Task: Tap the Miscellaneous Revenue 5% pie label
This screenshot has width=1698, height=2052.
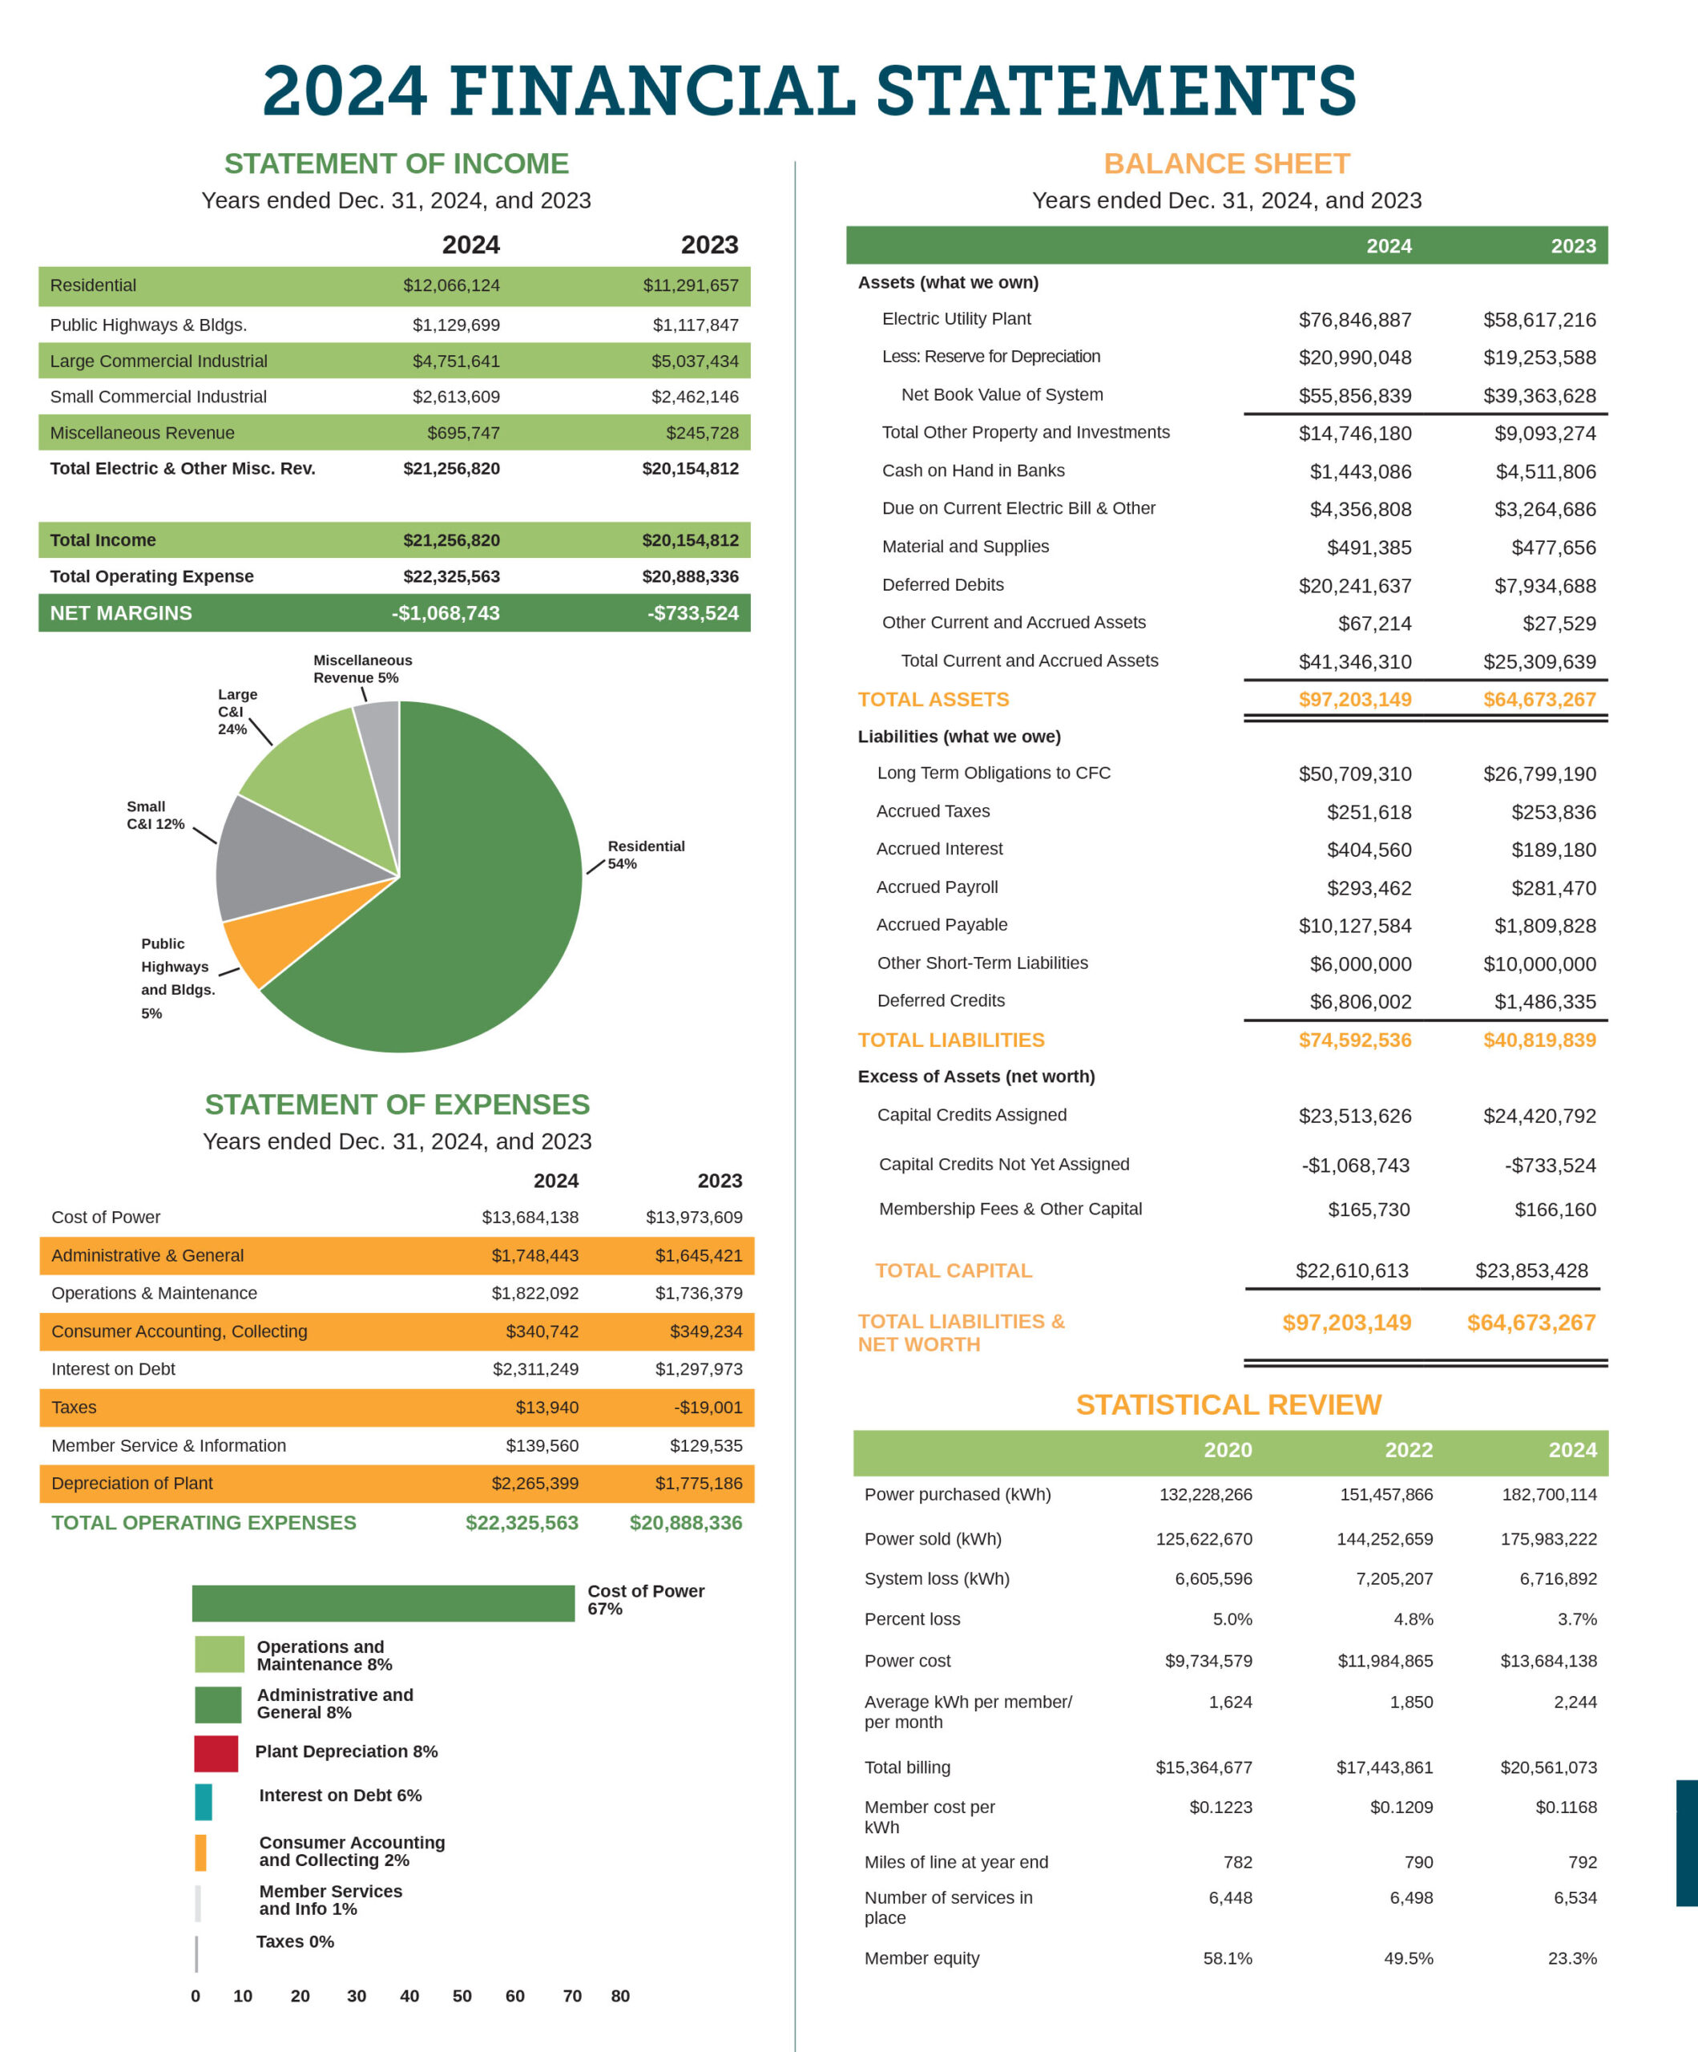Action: pyautogui.click(x=361, y=669)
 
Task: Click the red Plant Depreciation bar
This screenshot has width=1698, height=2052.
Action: pyautogui.click(x=216, y=1753)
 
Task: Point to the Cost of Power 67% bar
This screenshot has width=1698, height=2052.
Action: pyautogui.click(x=383, y=1602)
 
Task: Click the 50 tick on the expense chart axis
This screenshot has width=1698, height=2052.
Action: pyautogui.click(x=462, y=1995)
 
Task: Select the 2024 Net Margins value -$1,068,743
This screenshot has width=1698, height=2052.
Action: pyautogui.click(x=446, y=612)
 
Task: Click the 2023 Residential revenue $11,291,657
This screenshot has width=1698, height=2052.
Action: pyautogui.click(x=690, y=285)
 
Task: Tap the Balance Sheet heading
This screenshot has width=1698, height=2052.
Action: pyautogui.click(x=1226, y=164)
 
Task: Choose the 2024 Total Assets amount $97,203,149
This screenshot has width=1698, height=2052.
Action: pyautogui.click(x=1354, y=700)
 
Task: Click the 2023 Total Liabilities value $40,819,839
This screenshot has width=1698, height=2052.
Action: pyautogui.click(x=1539, y=1040)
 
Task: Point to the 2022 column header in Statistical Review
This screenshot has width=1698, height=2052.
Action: pyautogui.click(x=1408, y=1450)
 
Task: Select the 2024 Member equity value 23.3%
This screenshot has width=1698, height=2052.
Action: pyautogui.click(x=1572, y=1958)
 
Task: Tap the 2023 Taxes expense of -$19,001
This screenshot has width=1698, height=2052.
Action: pyautogui.click(x=708, y=1407)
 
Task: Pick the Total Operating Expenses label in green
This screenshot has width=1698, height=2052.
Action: pyautogui.click(x=204, y=1522)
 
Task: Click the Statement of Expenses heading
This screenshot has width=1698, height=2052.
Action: pyautogui.click(x=397, y=1105)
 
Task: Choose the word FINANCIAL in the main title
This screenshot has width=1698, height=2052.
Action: pyautogui.click(x=651, y=90)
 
